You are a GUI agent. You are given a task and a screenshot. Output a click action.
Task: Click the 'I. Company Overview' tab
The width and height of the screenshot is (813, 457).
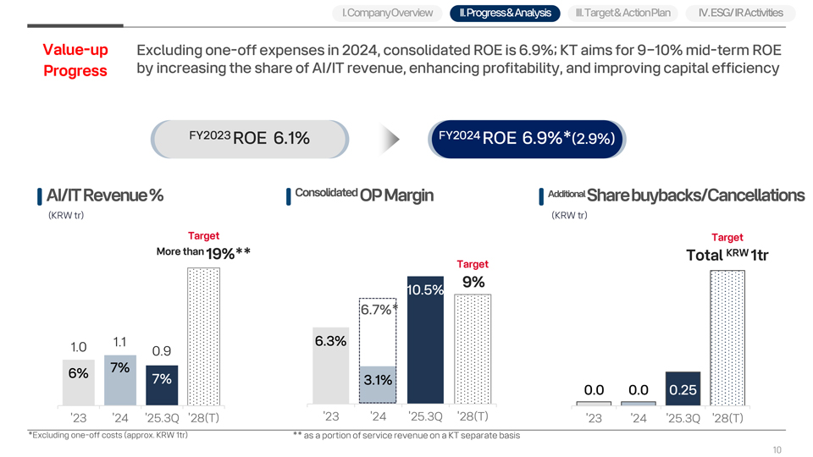coord(387,13)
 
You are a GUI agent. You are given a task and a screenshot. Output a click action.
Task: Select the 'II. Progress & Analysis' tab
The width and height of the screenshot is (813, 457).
coord(505,13)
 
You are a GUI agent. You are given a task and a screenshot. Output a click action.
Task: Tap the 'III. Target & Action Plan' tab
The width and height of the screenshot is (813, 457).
coord(622,13)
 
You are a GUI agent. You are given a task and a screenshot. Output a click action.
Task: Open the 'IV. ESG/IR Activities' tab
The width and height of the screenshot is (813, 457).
coord(740,13)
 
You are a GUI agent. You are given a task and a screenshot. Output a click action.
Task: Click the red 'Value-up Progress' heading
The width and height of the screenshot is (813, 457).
coord(75,60)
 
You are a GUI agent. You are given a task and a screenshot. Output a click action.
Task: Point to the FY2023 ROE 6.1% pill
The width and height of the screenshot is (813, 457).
coord(249,139)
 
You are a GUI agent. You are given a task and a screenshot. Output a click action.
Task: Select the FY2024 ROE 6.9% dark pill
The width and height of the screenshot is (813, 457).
coord(527,139)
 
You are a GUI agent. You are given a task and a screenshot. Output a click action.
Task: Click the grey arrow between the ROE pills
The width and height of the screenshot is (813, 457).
coord(390,139)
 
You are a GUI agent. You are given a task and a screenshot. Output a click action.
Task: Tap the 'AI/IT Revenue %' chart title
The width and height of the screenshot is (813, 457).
coord(105,195)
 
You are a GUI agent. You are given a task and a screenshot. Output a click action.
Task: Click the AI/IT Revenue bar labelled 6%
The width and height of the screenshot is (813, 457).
coord(78,383)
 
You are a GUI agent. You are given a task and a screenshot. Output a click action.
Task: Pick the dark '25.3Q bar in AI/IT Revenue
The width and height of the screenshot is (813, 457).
coord(162,385)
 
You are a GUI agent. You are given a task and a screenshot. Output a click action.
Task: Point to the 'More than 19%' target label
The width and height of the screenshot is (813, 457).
coord(203,253)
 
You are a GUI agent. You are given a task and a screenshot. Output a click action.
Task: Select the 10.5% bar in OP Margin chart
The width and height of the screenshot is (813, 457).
coord(425,340)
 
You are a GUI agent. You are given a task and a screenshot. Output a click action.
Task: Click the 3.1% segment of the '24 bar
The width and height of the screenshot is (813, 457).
coord(378,384)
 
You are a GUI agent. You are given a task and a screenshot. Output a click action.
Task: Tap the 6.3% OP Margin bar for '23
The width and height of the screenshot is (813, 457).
coord(331,366)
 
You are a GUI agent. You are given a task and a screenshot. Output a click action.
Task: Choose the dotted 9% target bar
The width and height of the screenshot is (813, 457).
coord(473,350)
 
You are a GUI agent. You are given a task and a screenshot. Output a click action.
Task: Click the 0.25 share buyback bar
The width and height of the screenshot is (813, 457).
coord(683,388)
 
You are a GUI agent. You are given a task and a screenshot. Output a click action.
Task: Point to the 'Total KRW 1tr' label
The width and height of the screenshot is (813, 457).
coord(727,255)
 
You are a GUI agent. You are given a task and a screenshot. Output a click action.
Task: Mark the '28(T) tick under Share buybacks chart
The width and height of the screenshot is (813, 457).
coord(727,418)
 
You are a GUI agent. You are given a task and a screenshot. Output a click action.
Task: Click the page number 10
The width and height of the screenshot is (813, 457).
coord(777,449)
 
